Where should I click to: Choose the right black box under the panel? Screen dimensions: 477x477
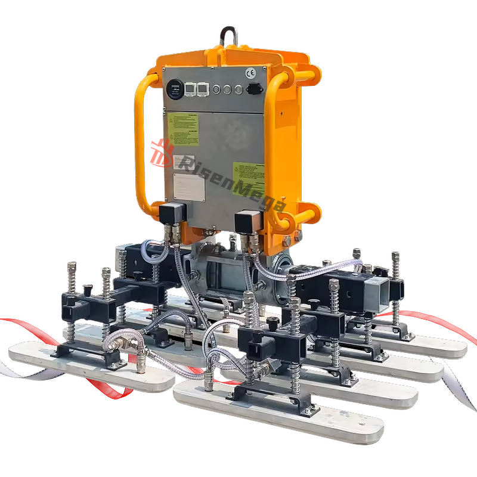point(246,221)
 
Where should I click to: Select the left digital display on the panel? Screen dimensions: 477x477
point(190,89)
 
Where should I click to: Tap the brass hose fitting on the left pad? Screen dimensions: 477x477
point(113,343)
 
